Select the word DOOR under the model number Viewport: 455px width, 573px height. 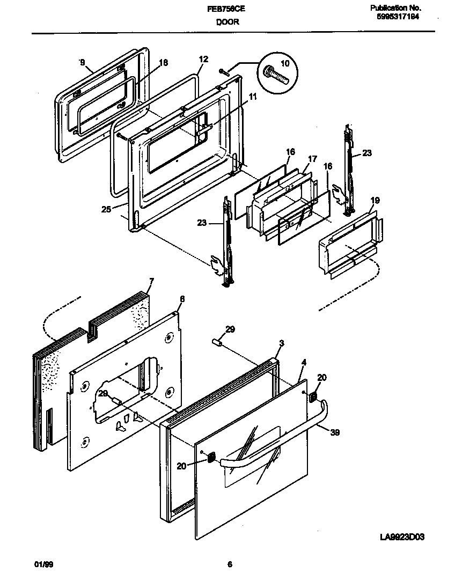227,22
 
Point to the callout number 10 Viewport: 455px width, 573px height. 285,63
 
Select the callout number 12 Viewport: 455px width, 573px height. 203,59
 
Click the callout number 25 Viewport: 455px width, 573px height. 106,209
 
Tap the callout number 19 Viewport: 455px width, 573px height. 375,201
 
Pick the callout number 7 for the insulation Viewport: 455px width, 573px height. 151,281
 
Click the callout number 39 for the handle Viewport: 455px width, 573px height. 335,432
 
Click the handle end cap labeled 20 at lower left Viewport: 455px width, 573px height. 211,458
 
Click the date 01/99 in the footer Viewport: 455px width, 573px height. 42,564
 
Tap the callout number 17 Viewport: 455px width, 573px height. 313,159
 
